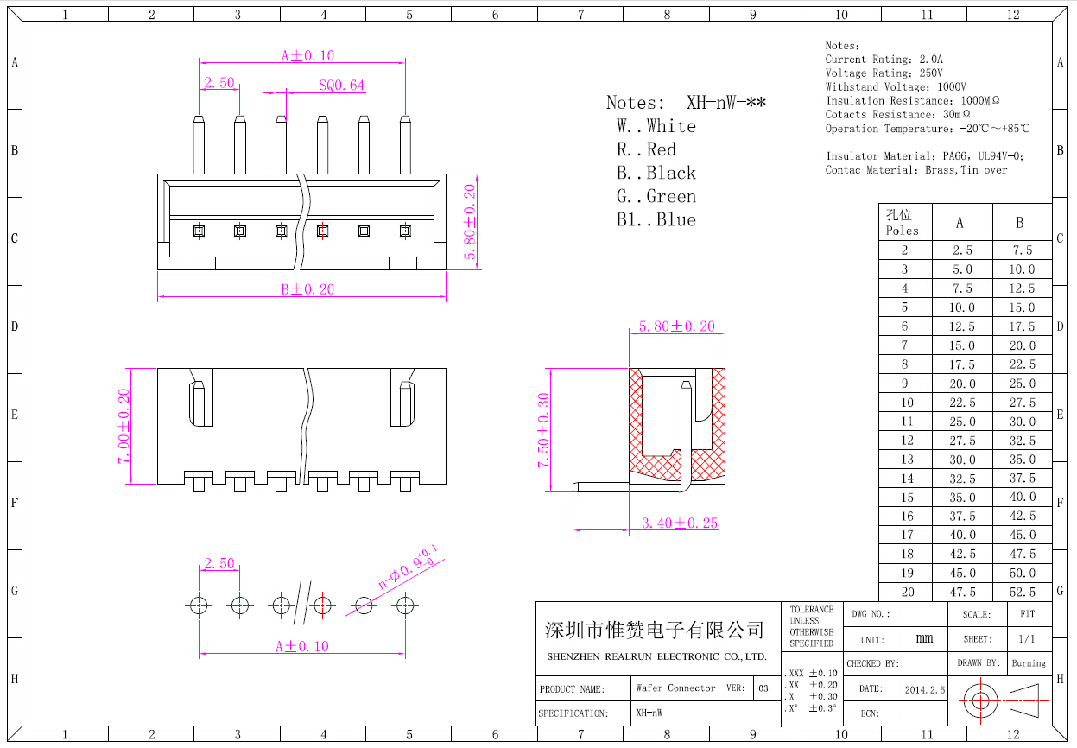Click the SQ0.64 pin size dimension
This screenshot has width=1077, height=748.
click(x=342, y=86)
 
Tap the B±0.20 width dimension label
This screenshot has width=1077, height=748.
click(x=307, y=289)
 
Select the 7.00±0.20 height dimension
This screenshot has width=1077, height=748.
click(x=124, y=426)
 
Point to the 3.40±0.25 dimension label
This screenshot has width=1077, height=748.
click(x=680, y=523)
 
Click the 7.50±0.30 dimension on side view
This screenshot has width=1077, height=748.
click(x=543, y=430)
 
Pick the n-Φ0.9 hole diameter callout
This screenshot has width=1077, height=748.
click(x=408, y=567)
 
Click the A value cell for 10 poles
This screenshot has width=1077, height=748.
click(x=962, y=403)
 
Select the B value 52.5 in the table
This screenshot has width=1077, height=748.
click(x=1023, y=592)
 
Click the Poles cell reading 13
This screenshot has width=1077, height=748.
click(x=907, y=460)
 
